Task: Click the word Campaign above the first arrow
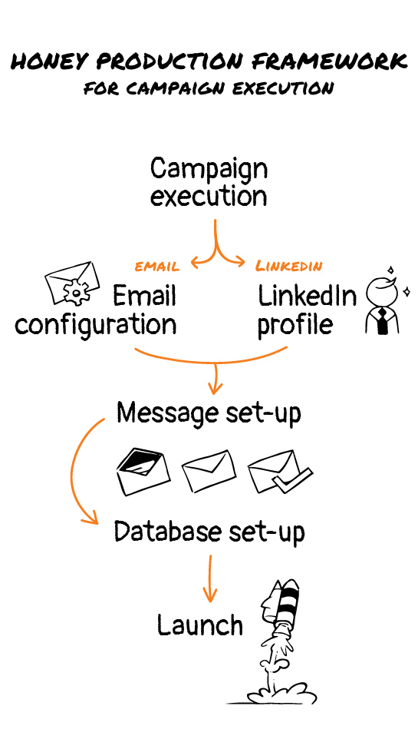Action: click(x=209, y=168)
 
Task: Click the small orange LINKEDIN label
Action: click(x=289, y=266)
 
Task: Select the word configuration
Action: click(x=95, y=326)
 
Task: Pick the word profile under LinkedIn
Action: click(x=295, y=325)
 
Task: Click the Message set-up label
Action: click(x=209, y=413)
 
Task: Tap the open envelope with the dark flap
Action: click(x=143, y=472)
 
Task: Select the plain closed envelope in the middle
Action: click(x=209, y=470)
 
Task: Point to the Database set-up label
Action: click(x=209, y=531)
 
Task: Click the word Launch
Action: click(x=200, y=625)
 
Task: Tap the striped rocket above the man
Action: click(x=281, y=605)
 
